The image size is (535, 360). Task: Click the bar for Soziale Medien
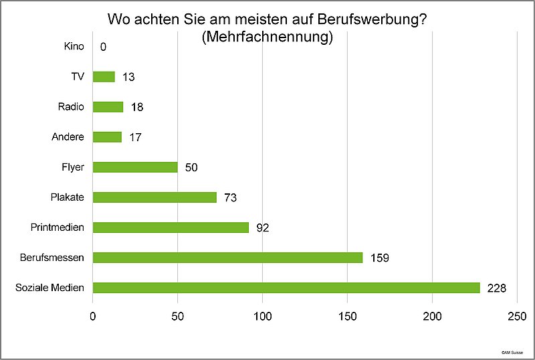[x=286, y=288]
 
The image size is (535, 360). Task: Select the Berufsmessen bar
[x=227, y=258]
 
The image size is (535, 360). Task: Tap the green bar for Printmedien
[x=171, y=228]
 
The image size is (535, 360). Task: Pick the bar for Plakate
[x=154, y=197]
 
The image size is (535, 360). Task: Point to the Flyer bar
[x=135, y=167]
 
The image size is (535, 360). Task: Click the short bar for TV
[x=104, y=77]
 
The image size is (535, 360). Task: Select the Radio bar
[x=108, y=107]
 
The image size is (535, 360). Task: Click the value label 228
[x=497, y=288]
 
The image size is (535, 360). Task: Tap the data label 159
[x=379, y=258]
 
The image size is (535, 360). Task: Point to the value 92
[x=262, y=228]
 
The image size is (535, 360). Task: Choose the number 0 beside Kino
[x=103, y=48]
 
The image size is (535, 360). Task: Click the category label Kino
[x=74, y=47]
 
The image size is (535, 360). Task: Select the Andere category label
[x=68, y=137]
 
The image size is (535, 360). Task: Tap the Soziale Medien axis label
[x=49, y=288]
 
